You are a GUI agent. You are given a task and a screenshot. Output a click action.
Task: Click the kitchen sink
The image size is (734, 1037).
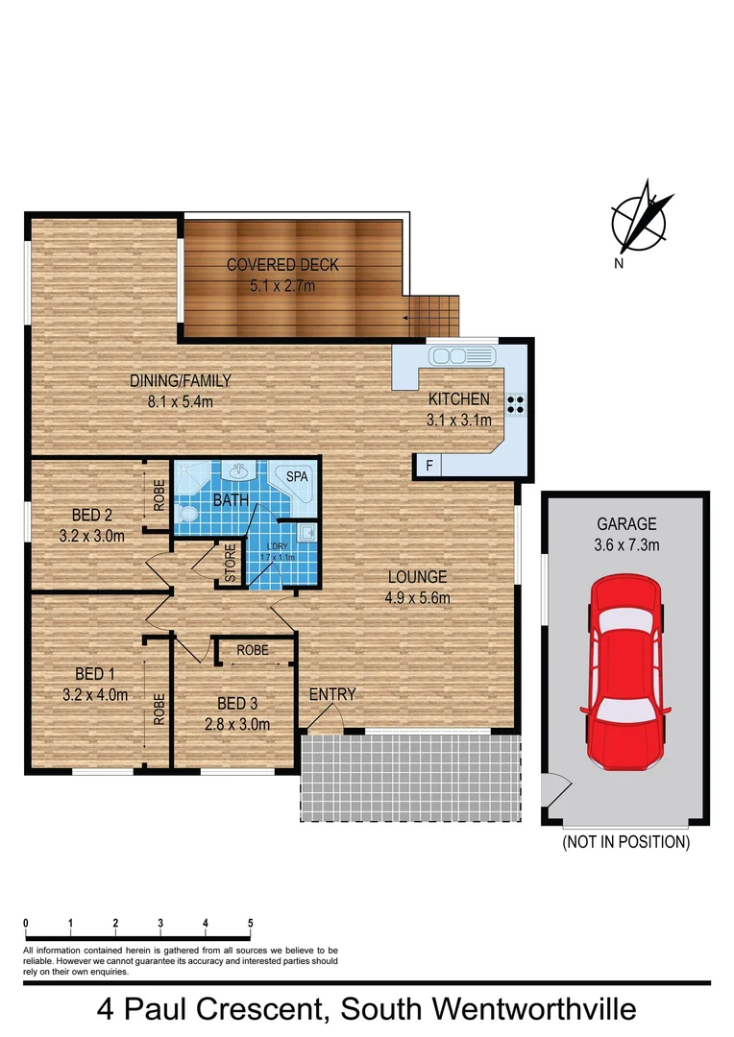tap(462, 356)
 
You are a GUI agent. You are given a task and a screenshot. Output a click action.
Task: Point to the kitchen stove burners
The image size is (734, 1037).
tap(516, 404)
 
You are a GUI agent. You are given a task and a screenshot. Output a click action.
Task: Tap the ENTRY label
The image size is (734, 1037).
tap(332, 694)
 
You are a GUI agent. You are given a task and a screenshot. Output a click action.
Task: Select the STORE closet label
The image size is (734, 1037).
tap(231, 565)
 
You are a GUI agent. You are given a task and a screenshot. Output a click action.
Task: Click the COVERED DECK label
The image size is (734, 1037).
tap(282, 265)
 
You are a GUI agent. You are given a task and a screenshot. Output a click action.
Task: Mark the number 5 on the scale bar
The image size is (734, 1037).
tap(251, 924)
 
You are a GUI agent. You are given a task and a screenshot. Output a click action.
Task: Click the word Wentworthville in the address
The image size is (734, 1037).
tap(535, 1010)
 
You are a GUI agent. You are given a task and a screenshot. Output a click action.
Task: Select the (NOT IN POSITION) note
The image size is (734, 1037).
tap(626, 842)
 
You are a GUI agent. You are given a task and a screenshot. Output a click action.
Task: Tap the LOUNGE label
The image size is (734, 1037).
tap(417, 577)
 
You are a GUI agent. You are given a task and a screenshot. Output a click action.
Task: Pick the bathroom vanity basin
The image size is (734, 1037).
tap(236, 471)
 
